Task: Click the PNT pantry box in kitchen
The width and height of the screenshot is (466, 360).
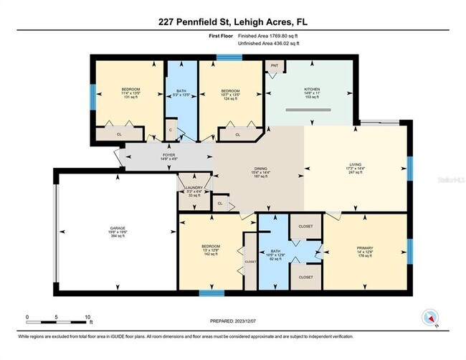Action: coord(273,65)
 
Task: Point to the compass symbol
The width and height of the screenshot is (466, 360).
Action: coord(430,316)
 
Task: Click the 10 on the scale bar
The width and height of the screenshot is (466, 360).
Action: coord(87,316)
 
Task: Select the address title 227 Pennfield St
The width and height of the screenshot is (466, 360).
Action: coord(233,23)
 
